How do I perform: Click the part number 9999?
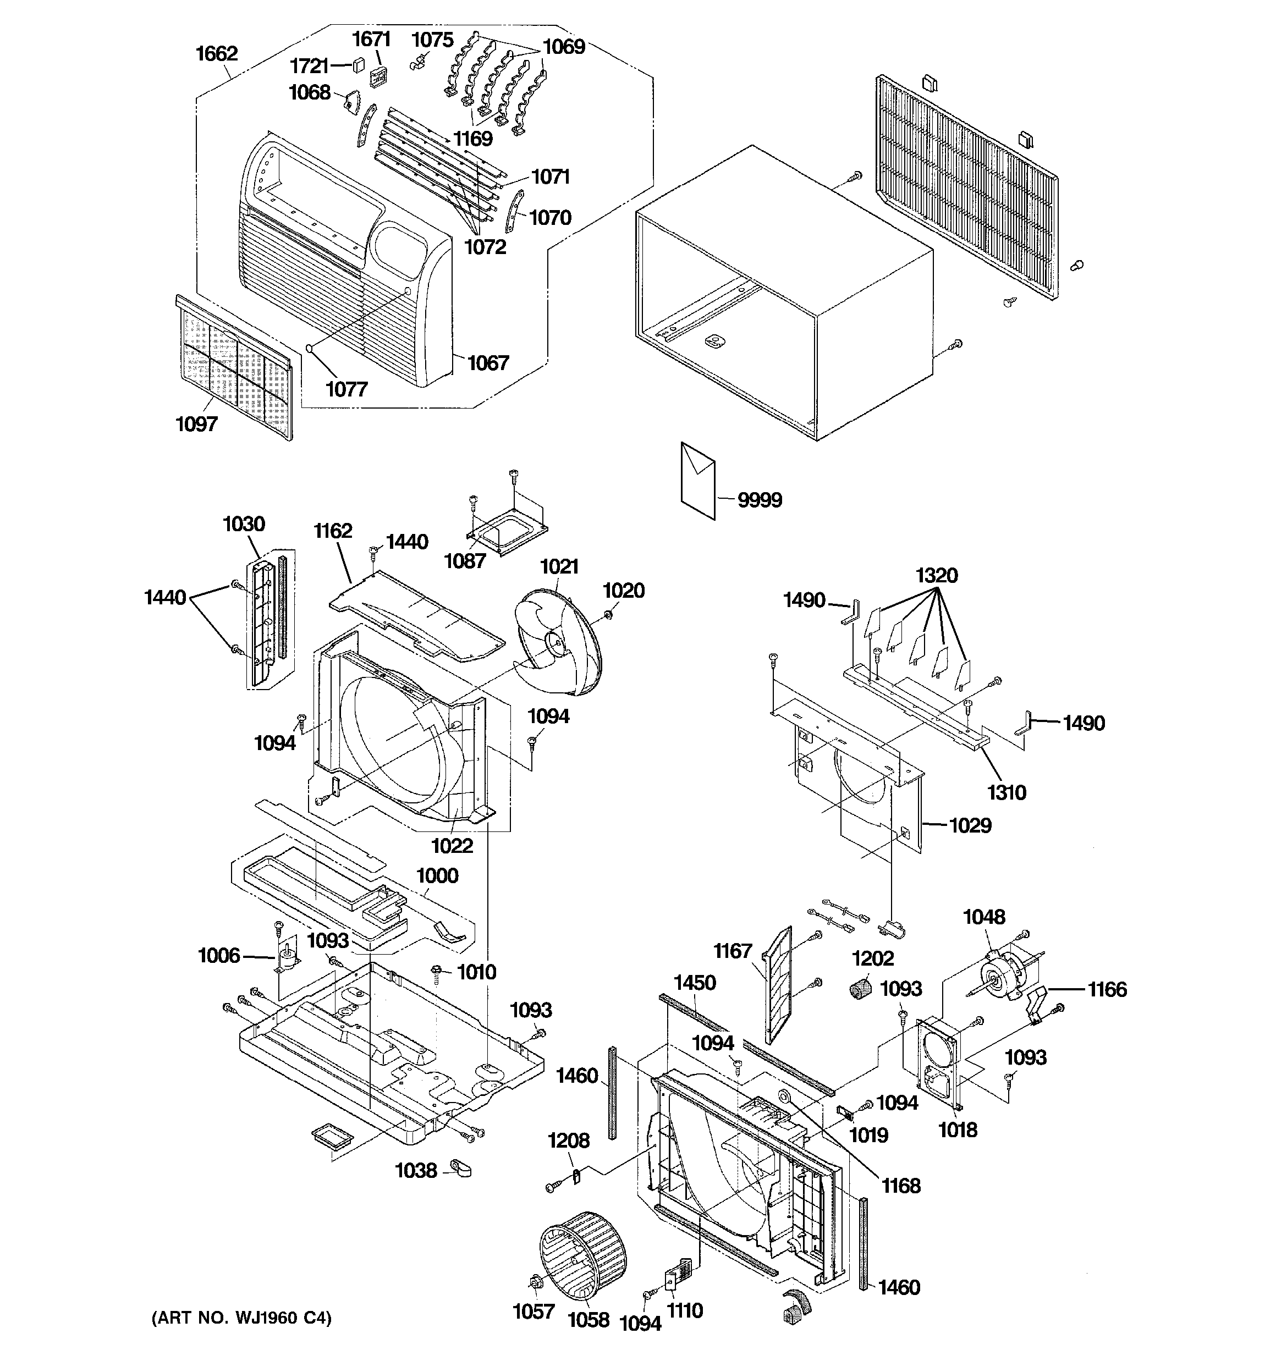760,500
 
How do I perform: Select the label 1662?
217,53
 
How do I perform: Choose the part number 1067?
488,363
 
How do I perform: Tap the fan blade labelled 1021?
558,640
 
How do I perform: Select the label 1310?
1006,793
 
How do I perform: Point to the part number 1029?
970,825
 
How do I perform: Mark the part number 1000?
437,875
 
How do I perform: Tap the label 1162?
333,531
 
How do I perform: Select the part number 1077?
346,389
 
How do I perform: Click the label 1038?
416,1171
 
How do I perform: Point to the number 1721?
310,66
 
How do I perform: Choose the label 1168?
901,1186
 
